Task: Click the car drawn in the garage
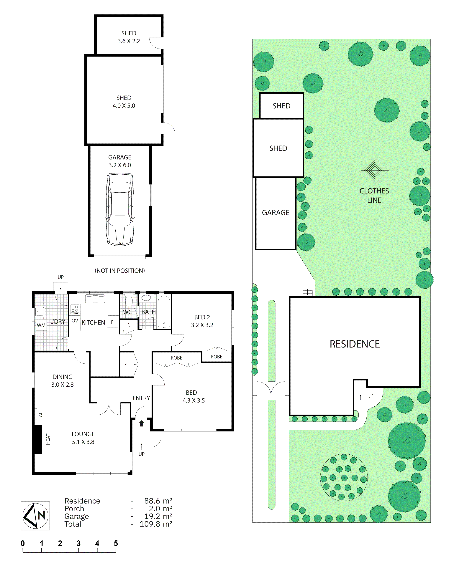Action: (120, 209)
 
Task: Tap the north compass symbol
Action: (36, 516)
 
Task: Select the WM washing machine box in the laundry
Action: (41, 325)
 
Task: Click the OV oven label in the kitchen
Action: (75, 321)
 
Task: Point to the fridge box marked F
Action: (112, 322)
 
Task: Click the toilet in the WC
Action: (129, 300)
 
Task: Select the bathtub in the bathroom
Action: (164, 312)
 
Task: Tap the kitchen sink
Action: (95, 299)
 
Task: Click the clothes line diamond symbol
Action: (375, 170)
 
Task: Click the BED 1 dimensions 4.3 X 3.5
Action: (194, 400)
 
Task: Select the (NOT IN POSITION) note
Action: (120, 271)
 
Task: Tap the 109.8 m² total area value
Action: (156, 524)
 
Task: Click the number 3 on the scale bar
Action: (79, 543)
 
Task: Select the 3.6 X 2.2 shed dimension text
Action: (129, 41)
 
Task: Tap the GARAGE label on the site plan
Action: (276, 213)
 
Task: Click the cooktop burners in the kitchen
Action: (75, 309)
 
